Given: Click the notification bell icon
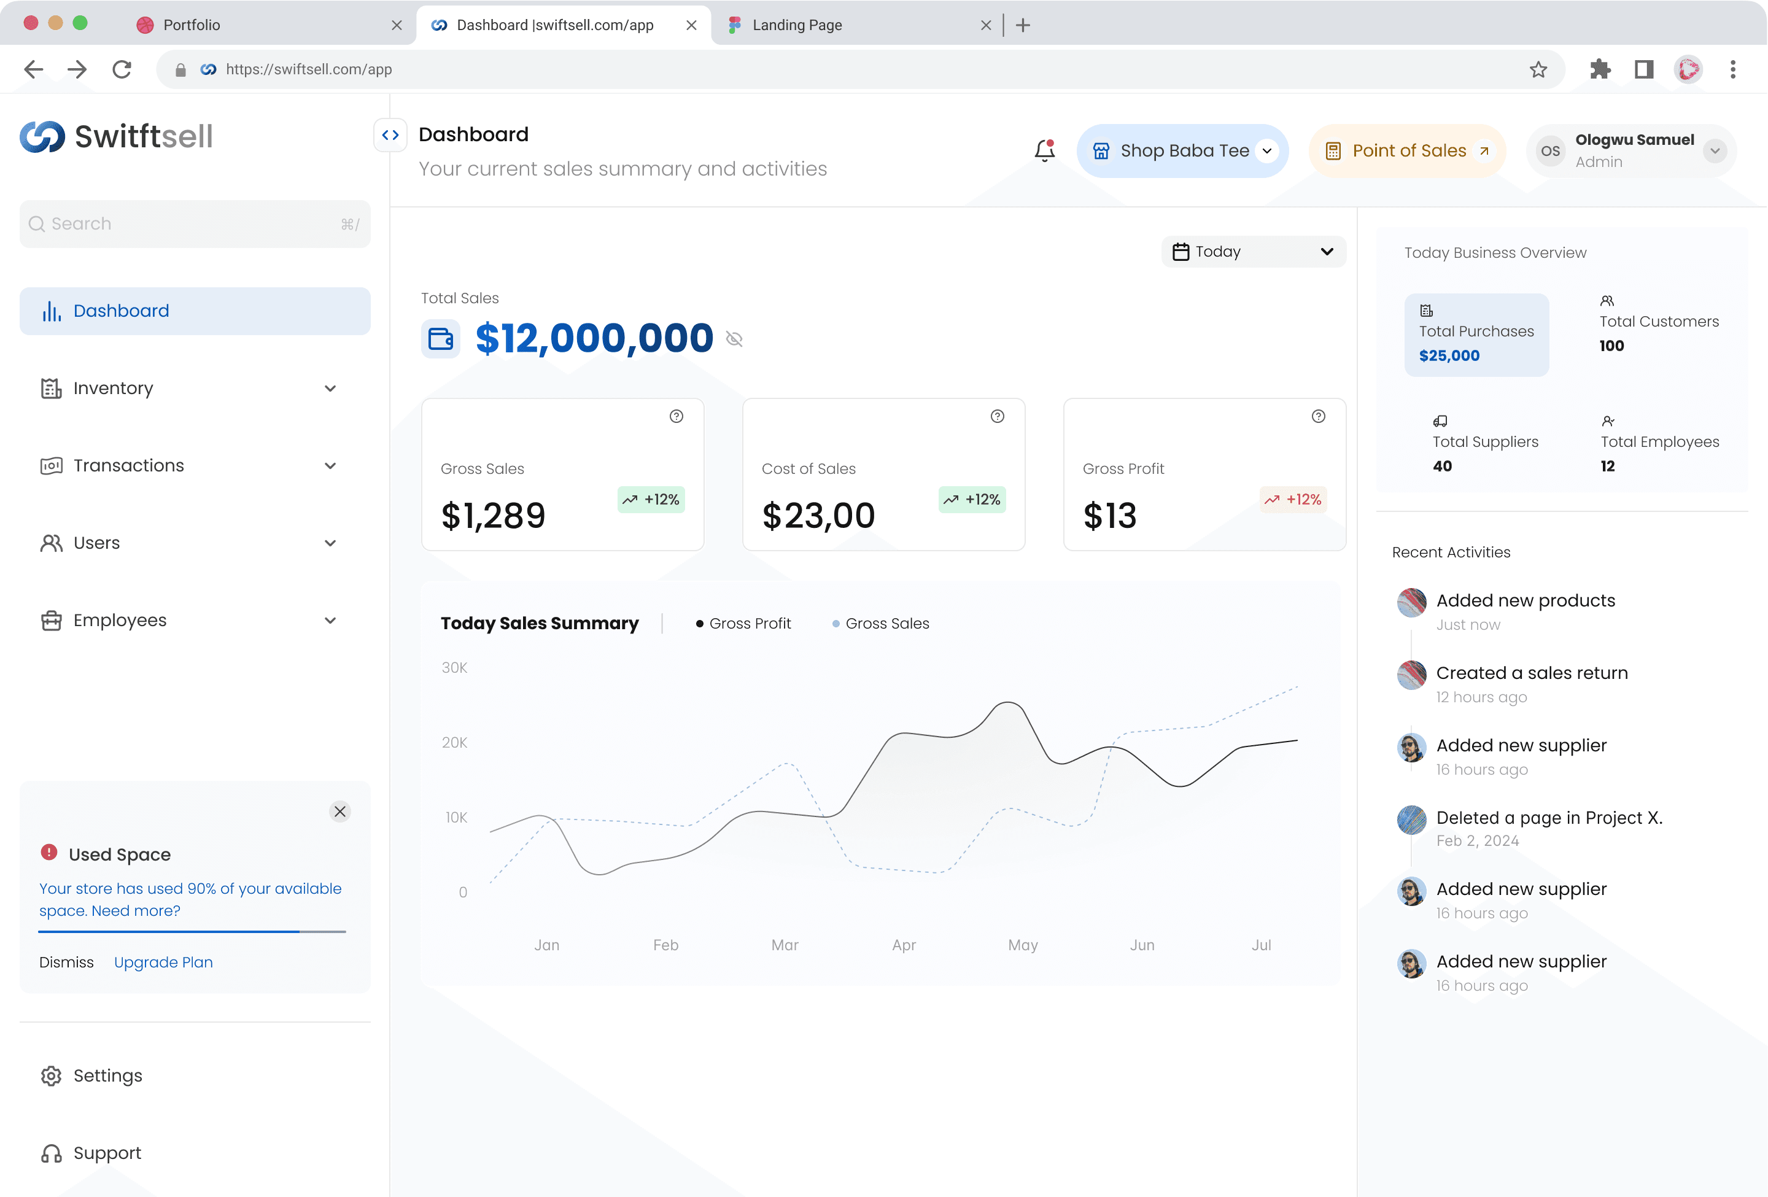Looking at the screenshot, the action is [1044, 150].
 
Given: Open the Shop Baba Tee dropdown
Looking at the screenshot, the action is [1182, 150].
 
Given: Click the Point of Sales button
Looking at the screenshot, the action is [1408, 150].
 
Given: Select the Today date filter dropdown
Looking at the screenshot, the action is [1253, 252].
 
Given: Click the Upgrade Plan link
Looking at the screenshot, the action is [163, 962].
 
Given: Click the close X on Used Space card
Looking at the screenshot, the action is [340, 812].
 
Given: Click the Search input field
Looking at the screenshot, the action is [195, 223].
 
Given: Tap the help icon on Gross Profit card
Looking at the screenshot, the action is [1319, 416].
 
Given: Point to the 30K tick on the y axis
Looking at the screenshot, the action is [454, 668].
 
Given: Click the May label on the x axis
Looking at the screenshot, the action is [1023, 945].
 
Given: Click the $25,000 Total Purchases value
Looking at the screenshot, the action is [1449, 356].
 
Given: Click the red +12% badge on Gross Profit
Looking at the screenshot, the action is [1293, 500].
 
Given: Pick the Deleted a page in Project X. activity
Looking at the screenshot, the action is [1549, 818].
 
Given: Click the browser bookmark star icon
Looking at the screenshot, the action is [1538, 70].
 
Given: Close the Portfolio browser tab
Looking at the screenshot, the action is [397, 25].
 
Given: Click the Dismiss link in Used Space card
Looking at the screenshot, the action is [67, 962].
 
